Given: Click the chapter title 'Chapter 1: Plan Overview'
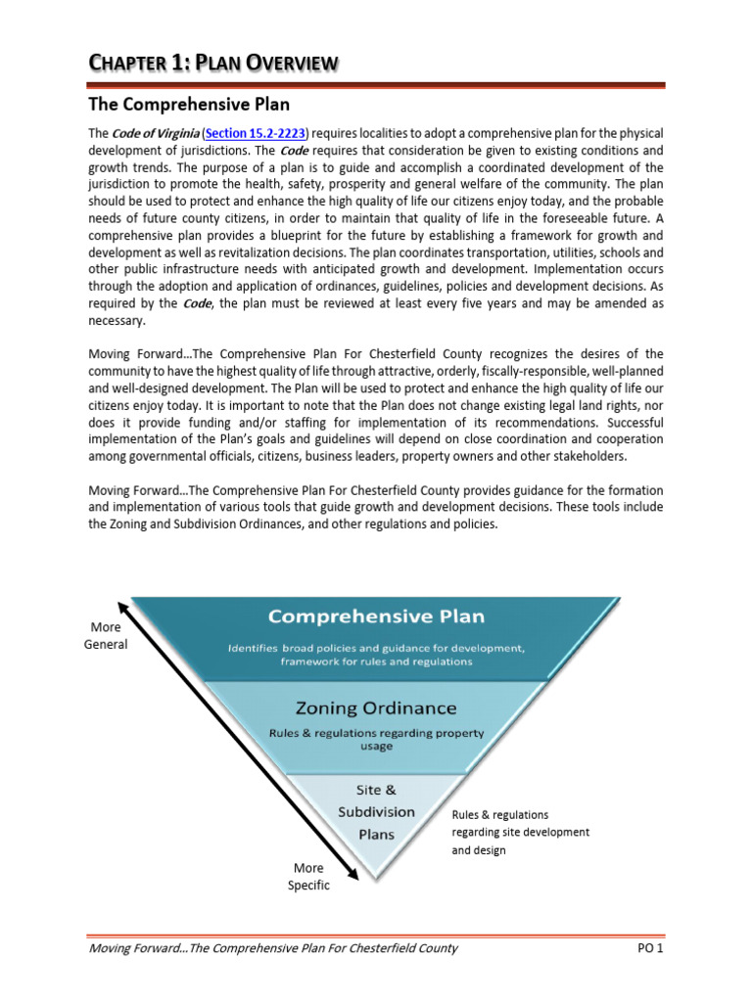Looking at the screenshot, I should click(213, 64).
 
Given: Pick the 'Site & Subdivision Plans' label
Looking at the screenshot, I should click(376, 812).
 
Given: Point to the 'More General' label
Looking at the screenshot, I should click(105, 635).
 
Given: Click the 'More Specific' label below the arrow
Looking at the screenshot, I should click(308, 876).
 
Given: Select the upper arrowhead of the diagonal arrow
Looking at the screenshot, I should click(122, 607).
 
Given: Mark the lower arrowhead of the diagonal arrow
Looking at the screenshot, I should click(346, 860).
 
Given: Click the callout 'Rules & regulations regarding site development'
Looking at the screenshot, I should click(520, 832).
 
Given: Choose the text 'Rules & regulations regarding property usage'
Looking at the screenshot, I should click(376, 739).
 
